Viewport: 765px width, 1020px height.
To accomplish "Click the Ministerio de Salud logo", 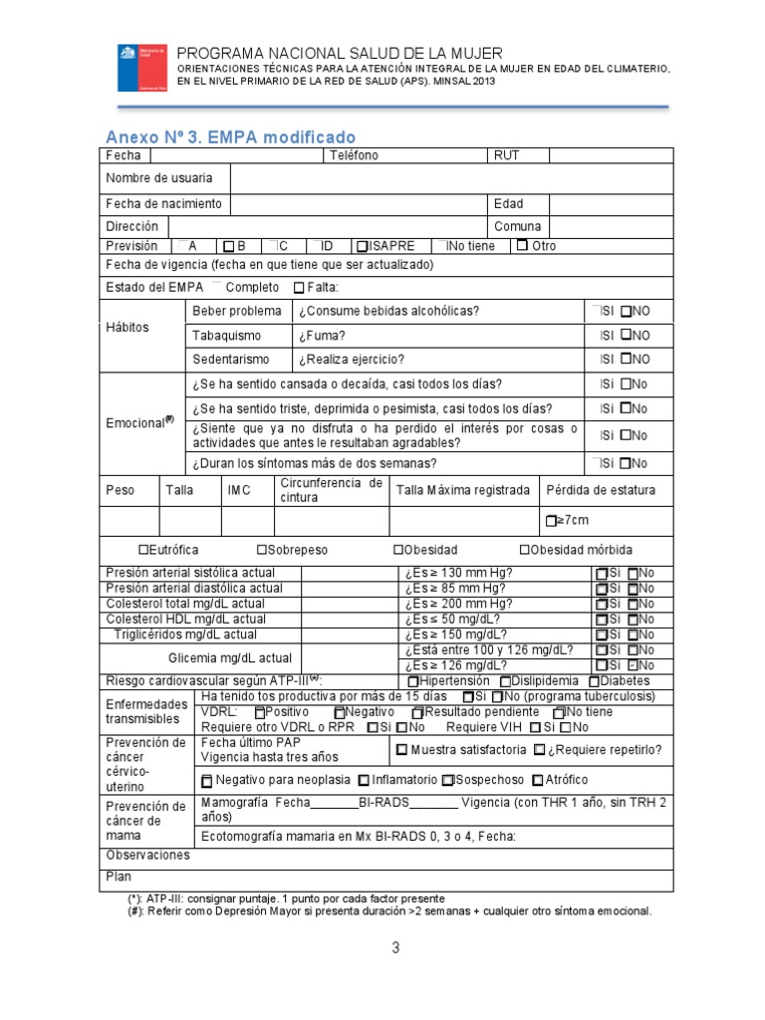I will click(x=142, y=67).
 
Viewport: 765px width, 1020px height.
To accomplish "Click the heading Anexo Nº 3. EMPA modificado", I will click(x=230, y=136).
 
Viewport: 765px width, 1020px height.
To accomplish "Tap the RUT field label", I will click(x=506, y=155).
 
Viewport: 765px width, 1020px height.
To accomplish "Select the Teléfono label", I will click(x=353, y=155).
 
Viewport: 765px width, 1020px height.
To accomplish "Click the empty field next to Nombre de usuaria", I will click(x=450, y=178).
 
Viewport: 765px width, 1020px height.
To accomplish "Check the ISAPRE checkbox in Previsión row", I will click(x=362, y=246).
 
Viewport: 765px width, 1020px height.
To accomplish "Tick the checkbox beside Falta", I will click(x=299, y=288).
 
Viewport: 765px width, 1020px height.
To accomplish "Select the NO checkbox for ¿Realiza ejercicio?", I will click(x=627, y=360).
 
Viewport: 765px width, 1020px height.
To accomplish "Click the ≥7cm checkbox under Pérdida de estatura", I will click(x=550, y=521).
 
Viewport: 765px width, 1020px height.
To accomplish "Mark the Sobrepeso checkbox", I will click(x=261, y=550).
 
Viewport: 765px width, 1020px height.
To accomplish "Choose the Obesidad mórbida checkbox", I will click(x=524, y=550).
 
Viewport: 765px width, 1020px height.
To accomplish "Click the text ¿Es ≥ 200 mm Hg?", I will click(x=459, y=604).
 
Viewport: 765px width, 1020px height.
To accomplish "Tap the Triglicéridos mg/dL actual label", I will click(x=184, y=634).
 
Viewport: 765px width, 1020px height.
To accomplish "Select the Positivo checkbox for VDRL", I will click(x=260, y=713).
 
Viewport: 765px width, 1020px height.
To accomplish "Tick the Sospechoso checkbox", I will click(x=447, y=780).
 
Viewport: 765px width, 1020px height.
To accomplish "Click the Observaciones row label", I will click(x=147, y=856).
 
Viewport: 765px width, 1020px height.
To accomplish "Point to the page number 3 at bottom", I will click(x=395, y=948).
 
